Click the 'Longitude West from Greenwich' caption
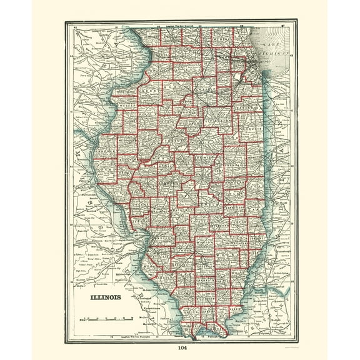tap(181, 24)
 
